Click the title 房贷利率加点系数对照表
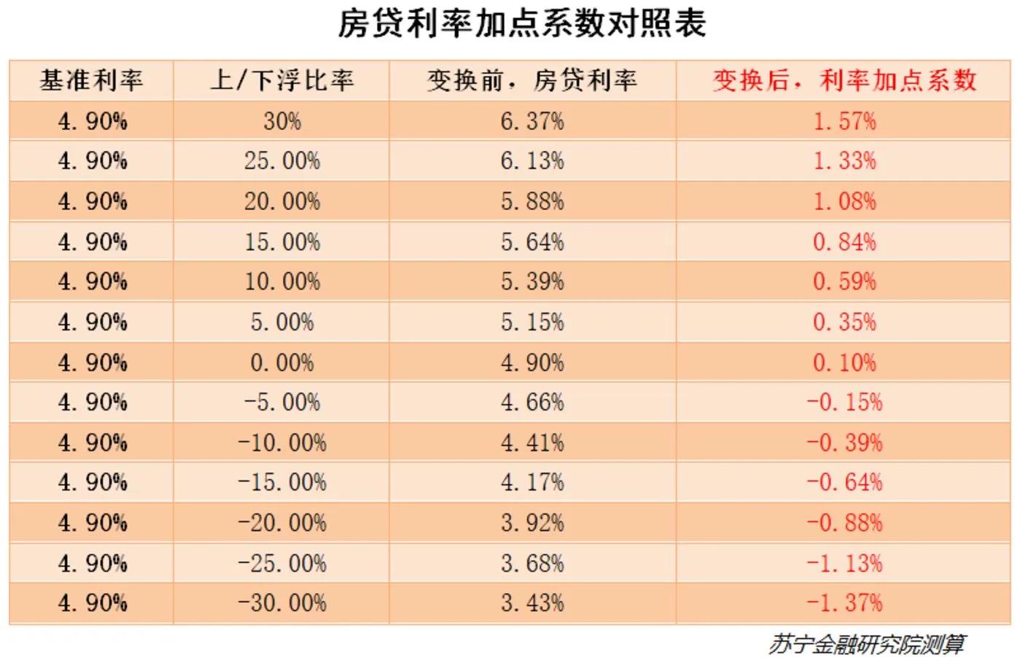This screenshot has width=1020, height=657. coord(521,23)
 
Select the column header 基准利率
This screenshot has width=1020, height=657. coord(91,80)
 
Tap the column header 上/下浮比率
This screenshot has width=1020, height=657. coord(281,80)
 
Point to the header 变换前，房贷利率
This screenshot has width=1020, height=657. coord(532,80)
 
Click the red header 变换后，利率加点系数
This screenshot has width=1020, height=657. coord(844,80)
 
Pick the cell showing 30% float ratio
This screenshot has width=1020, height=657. coord(281,121)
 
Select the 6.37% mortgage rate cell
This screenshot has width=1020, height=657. coord(532,121)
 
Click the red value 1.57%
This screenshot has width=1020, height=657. coord(844,121)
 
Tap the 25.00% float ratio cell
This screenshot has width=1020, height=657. coord(281,161)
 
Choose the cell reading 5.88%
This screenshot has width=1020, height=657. coord(532,201)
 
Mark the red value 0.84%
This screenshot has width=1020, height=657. coord(844,242)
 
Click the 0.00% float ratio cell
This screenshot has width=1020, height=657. coord(281,362)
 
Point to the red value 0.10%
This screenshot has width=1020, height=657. coord(844,362)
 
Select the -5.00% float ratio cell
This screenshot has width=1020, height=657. coord(281,403)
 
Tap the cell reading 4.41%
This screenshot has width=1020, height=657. coord(532,443)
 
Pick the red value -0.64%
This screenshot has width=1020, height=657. coord(844,483)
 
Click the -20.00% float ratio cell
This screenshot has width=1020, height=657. coord(281,523)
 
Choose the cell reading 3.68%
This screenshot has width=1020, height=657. coord(532,563)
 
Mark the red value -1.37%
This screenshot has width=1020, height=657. coord(844,603)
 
